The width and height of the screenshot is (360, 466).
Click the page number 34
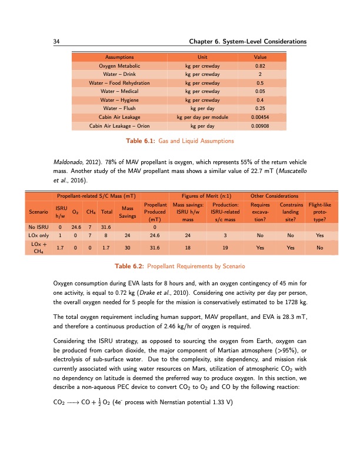pos(57,42)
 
